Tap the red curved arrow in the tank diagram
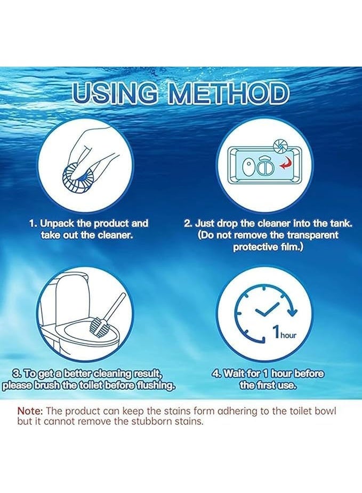(x=286, y=164)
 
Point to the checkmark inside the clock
(x=267, y=309)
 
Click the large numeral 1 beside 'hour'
(x=276, y=332)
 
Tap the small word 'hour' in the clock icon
(x=288, y=335)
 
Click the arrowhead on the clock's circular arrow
(x=293, y=311)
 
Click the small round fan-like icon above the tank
(x=278, y=146)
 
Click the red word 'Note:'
(x=30, y=411)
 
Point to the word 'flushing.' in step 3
(x=154, y=385)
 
